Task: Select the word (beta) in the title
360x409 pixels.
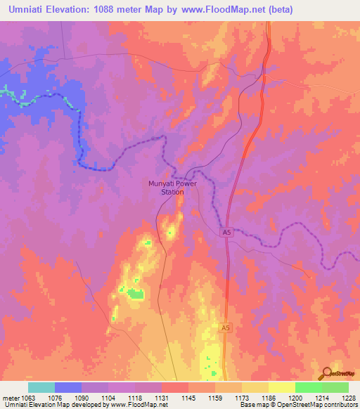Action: (278, 9)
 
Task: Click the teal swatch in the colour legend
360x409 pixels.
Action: (41, 387)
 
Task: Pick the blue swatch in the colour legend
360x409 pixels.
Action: (68, 387)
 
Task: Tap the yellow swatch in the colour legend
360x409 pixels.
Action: (281, 387)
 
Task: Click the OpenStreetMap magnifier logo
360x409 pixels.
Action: (327, 373)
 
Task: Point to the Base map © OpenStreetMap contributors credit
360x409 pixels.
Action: (297, 405)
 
